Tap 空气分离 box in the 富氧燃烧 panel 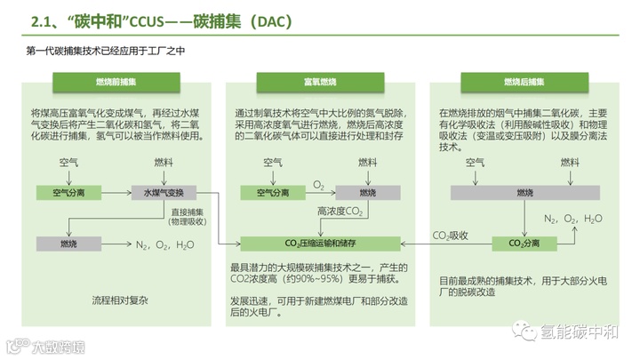[x=272, y=192]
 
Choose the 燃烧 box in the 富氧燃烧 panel [x=367, y=192]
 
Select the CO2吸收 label [x=450, y=235]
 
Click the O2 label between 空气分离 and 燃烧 [x=318, y=185]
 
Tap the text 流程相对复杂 [x=120, y=300]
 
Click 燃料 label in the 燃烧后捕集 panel [x=570, y=163]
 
